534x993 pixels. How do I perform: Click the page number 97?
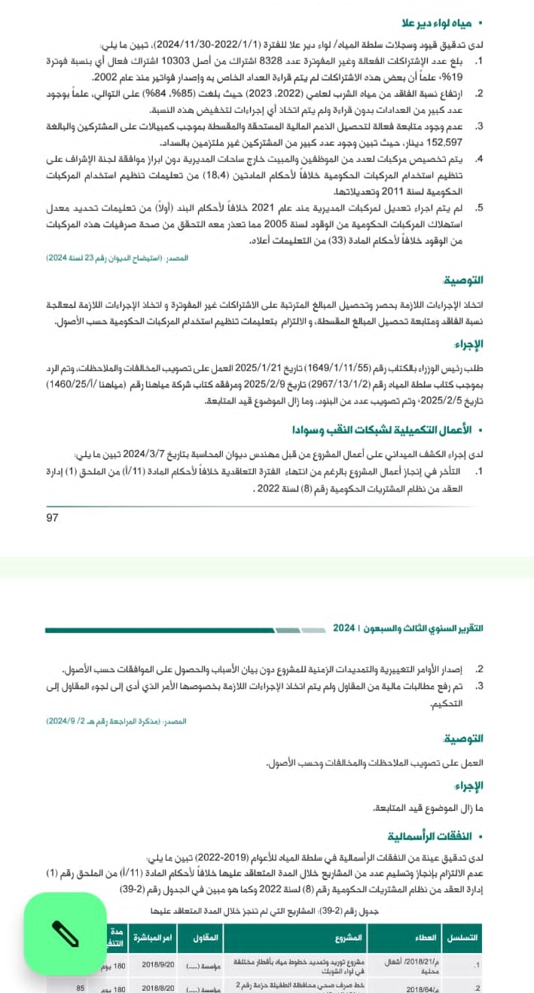(x=53, y=517)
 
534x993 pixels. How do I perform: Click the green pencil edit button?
(x=66, y=935)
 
